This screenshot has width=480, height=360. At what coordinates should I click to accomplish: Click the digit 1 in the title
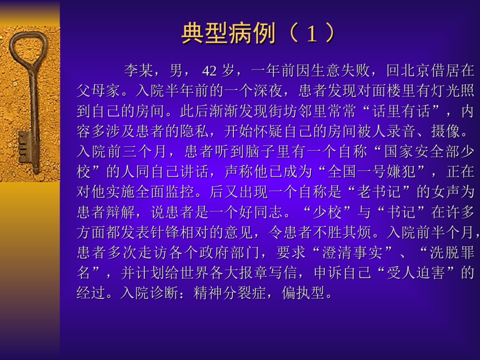click(312, 33)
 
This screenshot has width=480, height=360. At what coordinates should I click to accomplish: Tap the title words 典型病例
click(229, 33)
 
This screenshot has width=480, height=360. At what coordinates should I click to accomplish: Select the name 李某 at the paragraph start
click(138, 71)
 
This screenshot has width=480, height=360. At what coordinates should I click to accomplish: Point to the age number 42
click(209, 71)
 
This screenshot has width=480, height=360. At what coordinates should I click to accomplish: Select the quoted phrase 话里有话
click(401, 111)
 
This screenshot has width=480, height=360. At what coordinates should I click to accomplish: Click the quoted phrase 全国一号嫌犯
click(372, 172)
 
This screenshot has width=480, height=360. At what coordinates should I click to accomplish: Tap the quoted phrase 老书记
click(379, 192)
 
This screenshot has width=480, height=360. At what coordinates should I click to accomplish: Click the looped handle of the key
click(28, 49)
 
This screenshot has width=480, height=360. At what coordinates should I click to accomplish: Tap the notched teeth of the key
click(24, 147)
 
